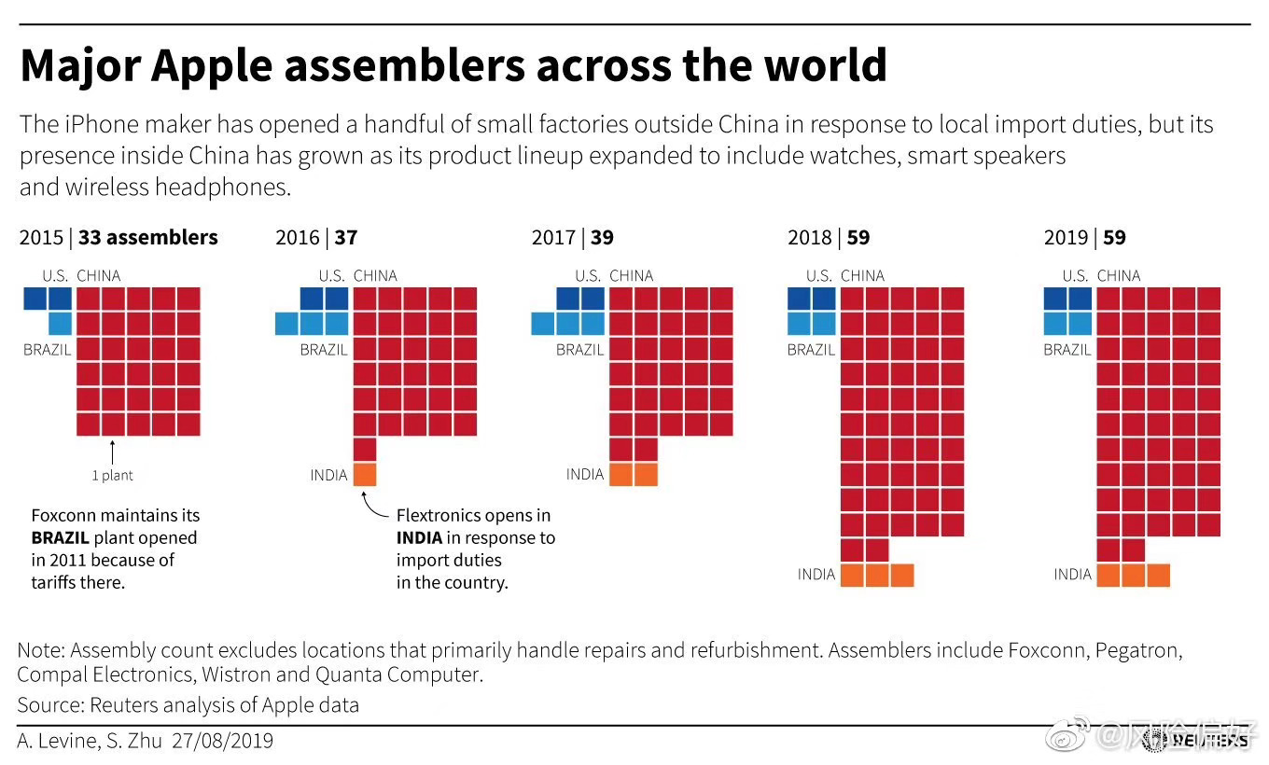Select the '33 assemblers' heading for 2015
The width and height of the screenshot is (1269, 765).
[x=147, y=238]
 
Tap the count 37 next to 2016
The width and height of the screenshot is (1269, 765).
[x=346, y=238]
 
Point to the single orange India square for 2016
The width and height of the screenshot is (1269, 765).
[x=365, y=475]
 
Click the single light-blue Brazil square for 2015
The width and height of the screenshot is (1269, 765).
[x=59, y=324]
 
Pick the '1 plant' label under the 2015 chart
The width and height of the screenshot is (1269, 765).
[x=112, y=476]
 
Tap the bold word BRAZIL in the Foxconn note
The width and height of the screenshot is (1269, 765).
[x=60, y=538]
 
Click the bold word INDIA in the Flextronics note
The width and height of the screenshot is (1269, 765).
[x=419, y=538]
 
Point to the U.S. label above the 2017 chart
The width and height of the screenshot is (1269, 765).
[x=588, y=276]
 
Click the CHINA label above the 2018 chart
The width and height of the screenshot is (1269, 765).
[x=862, y=276]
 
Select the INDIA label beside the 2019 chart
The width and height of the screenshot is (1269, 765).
[x=1072, y=575]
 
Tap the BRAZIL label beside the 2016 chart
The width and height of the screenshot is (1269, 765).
[x=324, y=351]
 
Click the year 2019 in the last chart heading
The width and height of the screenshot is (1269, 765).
[x=1066, y=238]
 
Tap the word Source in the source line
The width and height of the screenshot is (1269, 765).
[x=48, y=705]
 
